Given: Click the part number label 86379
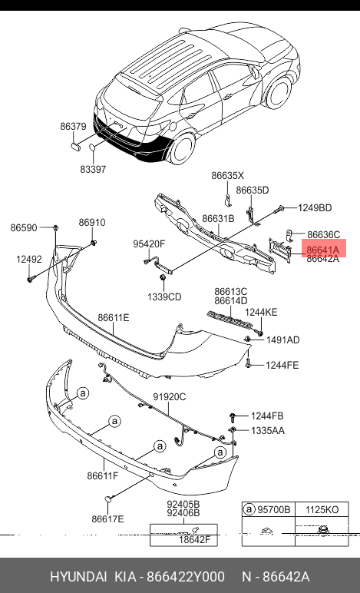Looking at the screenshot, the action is coord(73,126).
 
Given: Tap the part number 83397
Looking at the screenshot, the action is coord(93,169).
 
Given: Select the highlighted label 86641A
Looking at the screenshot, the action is coord(323,250).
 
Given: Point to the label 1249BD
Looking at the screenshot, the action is coord(315,207).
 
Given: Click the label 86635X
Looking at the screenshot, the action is coord(228,175).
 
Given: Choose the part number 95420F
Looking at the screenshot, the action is coord(149,244).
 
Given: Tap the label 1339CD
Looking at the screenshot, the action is coord(164,296).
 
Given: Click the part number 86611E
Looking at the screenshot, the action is coord(114,317).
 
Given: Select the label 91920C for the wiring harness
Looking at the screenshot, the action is coord(169,396).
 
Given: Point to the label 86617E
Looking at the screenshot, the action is coord(107,519).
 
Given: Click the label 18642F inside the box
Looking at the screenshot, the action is coord(194,539).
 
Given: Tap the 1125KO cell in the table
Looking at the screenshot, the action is coord(322,510).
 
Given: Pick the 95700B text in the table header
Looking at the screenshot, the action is coord(273,510).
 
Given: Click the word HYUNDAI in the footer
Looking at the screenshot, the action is coord(78,577).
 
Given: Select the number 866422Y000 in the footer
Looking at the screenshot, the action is coord(186,577).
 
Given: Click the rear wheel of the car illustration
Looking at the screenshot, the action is coord(183,148).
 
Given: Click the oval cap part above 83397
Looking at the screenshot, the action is coord(93,147).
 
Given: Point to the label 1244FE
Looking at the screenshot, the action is coord(282,365).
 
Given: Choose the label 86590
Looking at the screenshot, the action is coord(24,227).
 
